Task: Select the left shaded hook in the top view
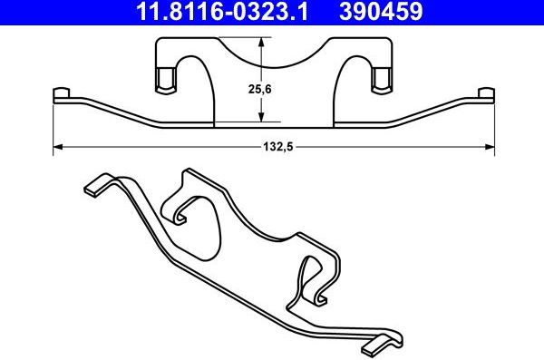[x=165, y=80]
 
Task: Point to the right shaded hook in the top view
[x=381, y=80]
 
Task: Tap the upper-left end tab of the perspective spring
[x=94, y=189]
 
